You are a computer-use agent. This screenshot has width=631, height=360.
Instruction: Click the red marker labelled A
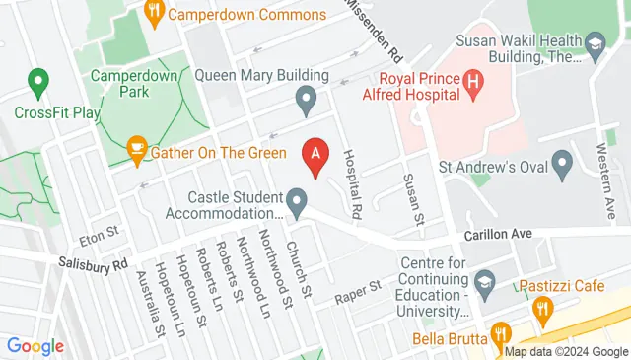tap(315, 155)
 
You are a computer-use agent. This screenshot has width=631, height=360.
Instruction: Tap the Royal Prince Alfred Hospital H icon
tap(472, 85)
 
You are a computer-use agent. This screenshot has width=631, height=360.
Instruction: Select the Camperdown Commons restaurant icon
tap(153, 13)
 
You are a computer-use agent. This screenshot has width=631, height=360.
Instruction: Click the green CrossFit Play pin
tap(38, 80)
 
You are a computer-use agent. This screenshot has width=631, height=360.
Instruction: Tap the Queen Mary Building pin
tap(307, 99)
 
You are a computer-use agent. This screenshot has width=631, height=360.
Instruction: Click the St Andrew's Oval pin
tap(563, 163)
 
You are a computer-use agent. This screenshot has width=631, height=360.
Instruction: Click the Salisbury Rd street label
tap(93, 263)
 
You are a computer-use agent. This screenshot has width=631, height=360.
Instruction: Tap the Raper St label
tap(361, 288)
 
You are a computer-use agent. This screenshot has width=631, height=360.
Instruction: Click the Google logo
tap(35, 346)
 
